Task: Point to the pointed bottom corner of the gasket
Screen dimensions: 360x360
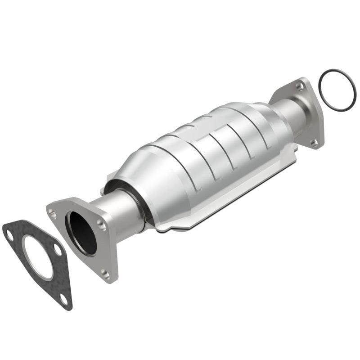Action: click(x=69, y=308)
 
